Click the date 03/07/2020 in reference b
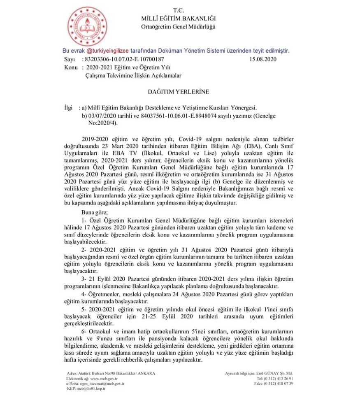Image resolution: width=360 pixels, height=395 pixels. (x=102, y=116)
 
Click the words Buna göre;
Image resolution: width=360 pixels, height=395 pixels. (x=94, y=213)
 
